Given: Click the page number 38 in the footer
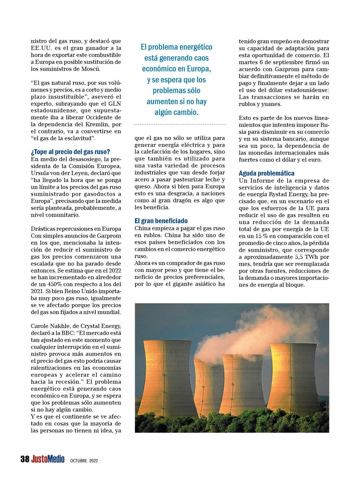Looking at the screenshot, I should [x=25, y=459].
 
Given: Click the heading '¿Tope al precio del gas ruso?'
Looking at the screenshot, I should [x=71, y=152].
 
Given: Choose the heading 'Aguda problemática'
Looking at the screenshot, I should [x=267, y=173].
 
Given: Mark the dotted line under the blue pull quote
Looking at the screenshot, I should [x=180, y=125].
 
